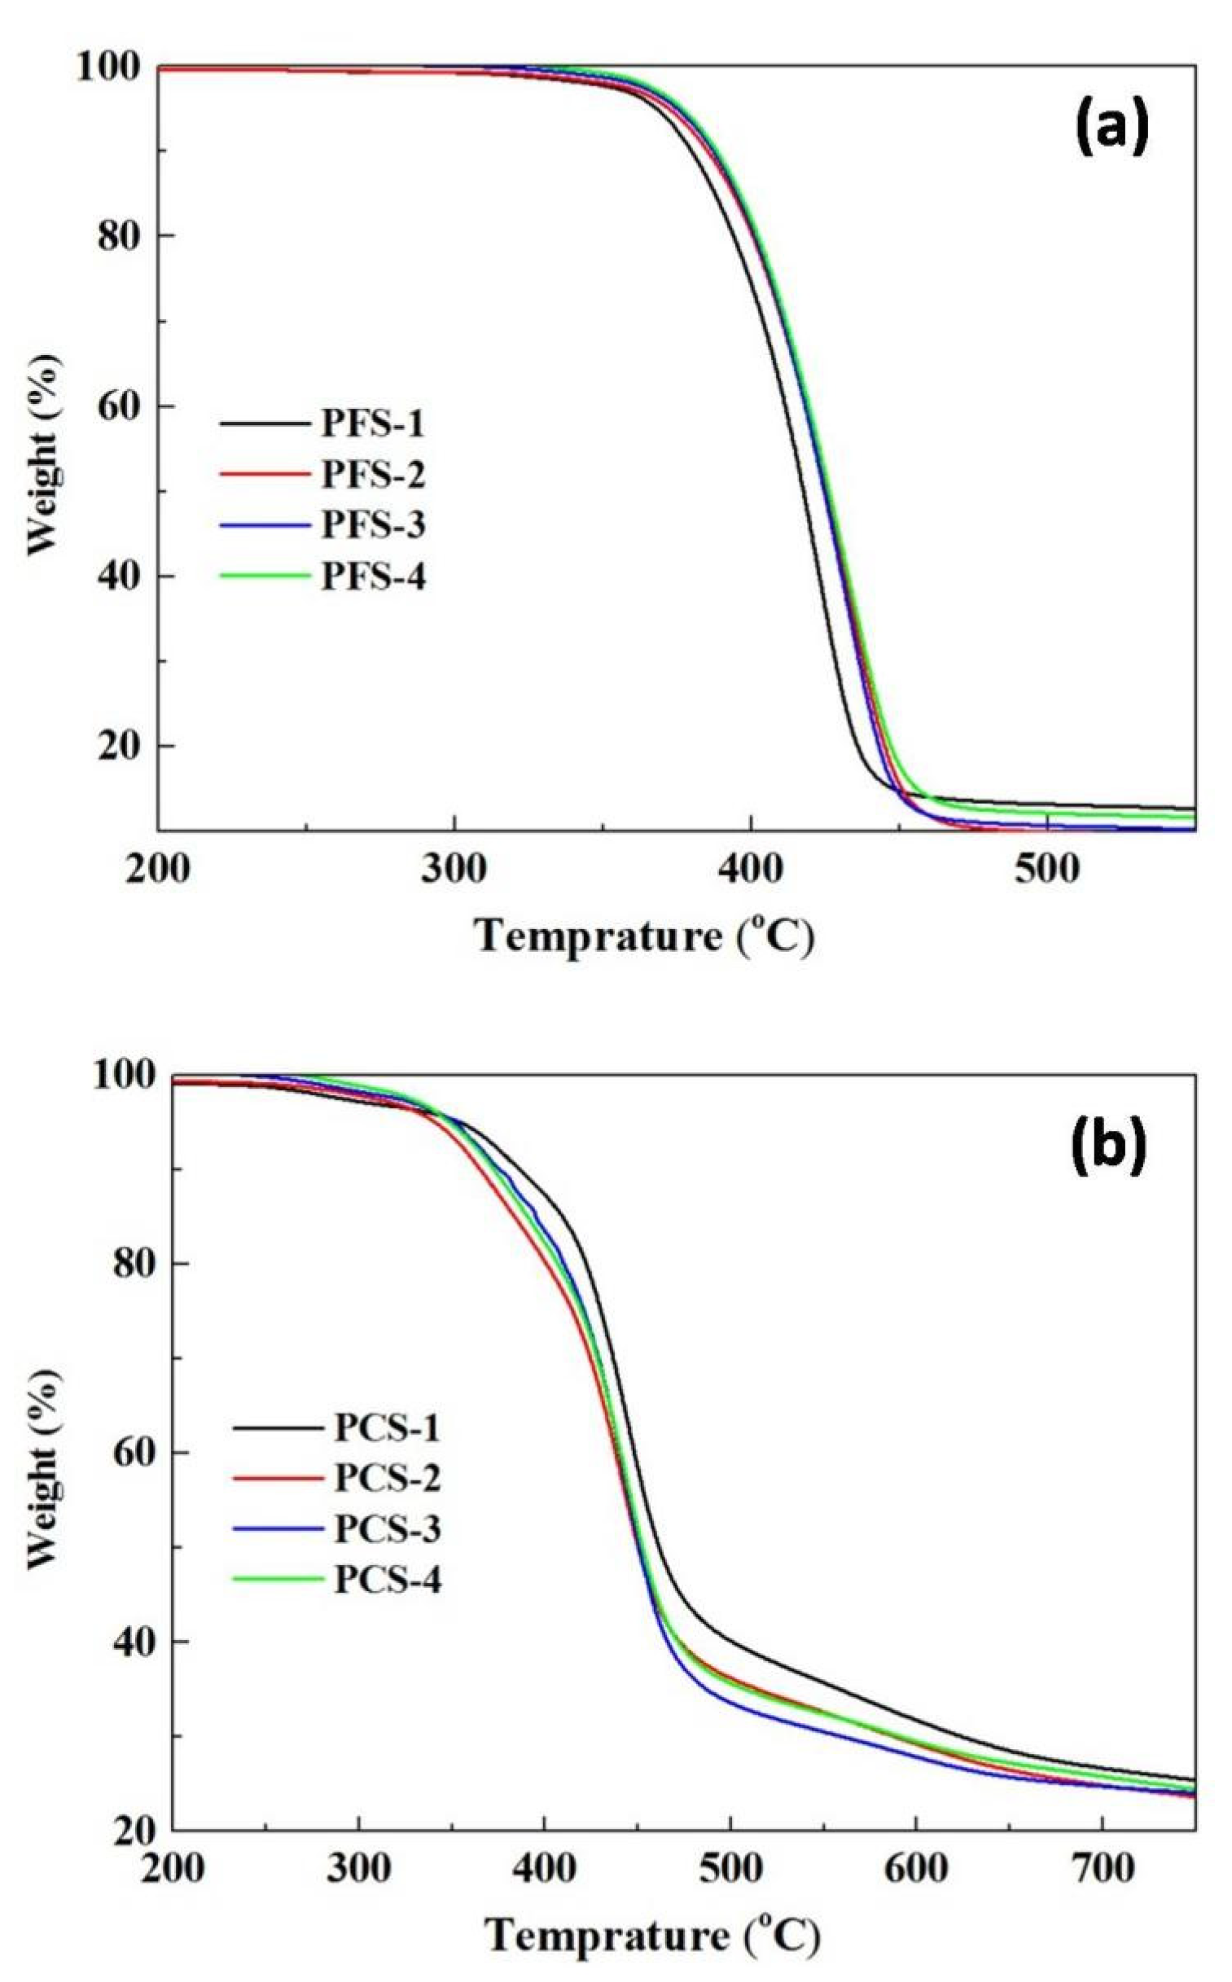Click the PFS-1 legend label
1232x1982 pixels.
click(x=372, y=424)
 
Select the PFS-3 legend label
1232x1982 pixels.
click(x=372, y=525)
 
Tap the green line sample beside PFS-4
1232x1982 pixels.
click(x=265, y=576)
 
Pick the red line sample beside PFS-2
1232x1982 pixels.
click(x=265, y=475)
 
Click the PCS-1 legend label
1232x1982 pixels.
click(x=387, y=1428)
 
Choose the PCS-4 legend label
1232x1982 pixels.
click(x=387, y=1581)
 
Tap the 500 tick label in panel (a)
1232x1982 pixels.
click(x=1047, y=870)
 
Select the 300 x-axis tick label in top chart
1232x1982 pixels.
click(x=454, y=870)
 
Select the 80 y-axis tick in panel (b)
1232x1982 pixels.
click(x=130, y=1264)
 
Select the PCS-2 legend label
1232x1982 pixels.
click(x=387, y=1479)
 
